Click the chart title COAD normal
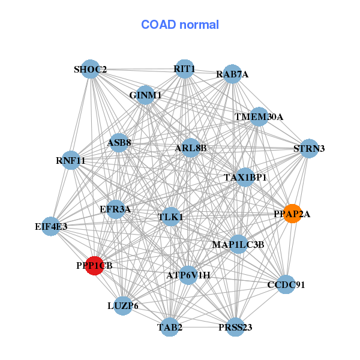[180, 25]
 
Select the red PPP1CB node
[95, 265]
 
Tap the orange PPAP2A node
[292, 214]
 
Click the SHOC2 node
[90, 69]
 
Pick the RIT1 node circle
[184, 68]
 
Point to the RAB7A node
[232, 74]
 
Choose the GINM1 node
[145, 95]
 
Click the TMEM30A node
[259, 116]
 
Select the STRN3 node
[309, 148]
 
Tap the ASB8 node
[119, 143]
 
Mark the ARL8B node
[191, 148]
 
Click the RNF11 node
[71, 160]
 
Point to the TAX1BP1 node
[245, 178]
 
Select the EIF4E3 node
[51, 226]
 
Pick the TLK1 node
[171, 216]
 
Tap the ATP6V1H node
[188, 275]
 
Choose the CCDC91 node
[286, 284]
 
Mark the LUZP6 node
[123, 305]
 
